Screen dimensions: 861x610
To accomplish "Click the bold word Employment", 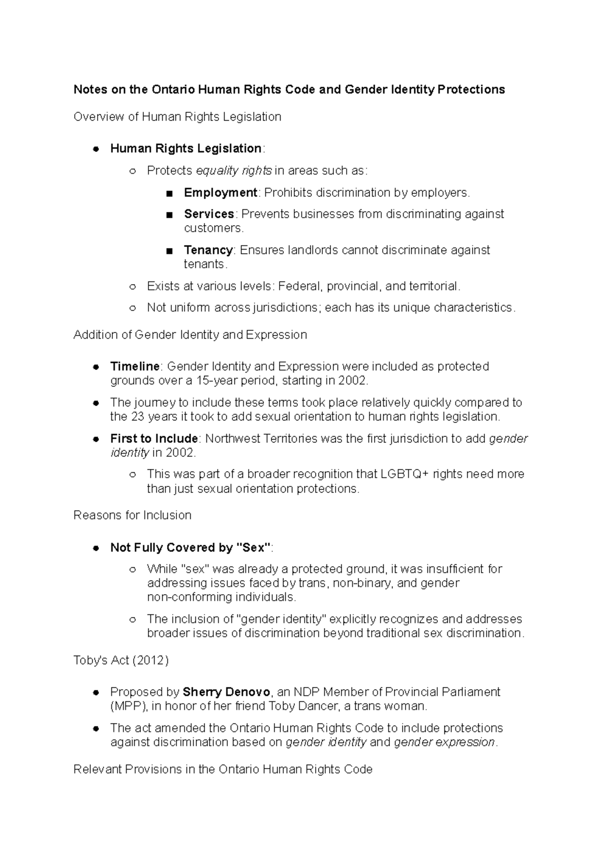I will click(220, 193).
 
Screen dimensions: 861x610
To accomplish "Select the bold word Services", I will click(208, 214).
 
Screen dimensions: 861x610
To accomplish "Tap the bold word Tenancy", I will click(208, 250).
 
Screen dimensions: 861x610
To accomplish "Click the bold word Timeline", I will click(135, 366).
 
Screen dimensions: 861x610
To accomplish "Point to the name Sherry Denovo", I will click(226, 692).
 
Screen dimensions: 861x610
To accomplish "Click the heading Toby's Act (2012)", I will click(121, 660).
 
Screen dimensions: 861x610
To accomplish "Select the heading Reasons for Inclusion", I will click(132, 515).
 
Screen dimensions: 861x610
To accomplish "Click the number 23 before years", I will click(138, 417).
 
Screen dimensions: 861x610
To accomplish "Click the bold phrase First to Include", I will click(154, 439).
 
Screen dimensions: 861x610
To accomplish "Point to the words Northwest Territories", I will click(254, 439).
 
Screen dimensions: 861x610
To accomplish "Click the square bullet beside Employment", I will click(169, 193).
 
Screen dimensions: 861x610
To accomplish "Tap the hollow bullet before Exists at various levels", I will click(133, 287).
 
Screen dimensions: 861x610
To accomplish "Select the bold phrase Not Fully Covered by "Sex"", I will click(190, 548).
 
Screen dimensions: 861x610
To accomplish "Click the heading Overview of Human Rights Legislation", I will click(177, 117).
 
